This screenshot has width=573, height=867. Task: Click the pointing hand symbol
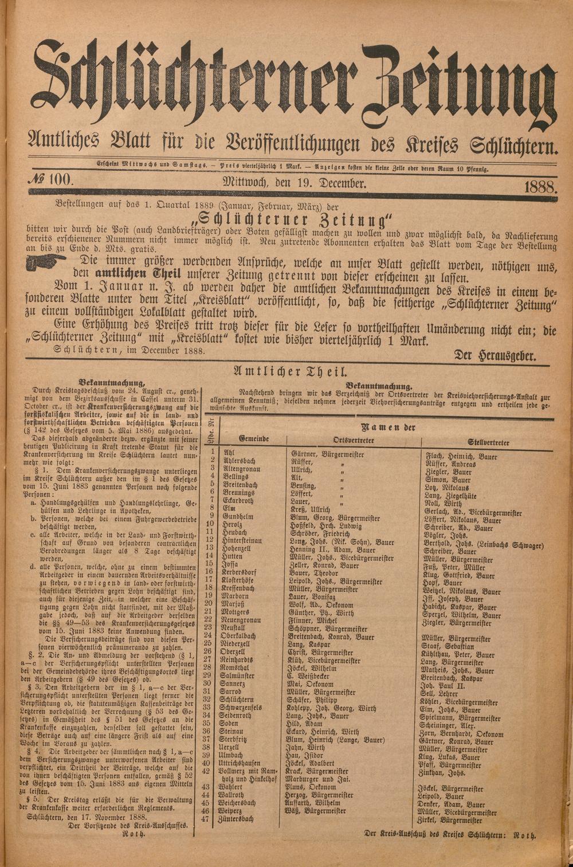50,262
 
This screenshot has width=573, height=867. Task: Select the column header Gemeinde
254,438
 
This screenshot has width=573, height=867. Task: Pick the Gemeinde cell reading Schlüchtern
236,700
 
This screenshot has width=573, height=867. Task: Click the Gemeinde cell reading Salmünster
236,676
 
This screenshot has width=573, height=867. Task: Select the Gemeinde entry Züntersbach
235,819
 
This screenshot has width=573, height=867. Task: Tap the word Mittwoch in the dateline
240,183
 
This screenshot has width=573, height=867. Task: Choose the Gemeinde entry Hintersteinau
242,540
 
